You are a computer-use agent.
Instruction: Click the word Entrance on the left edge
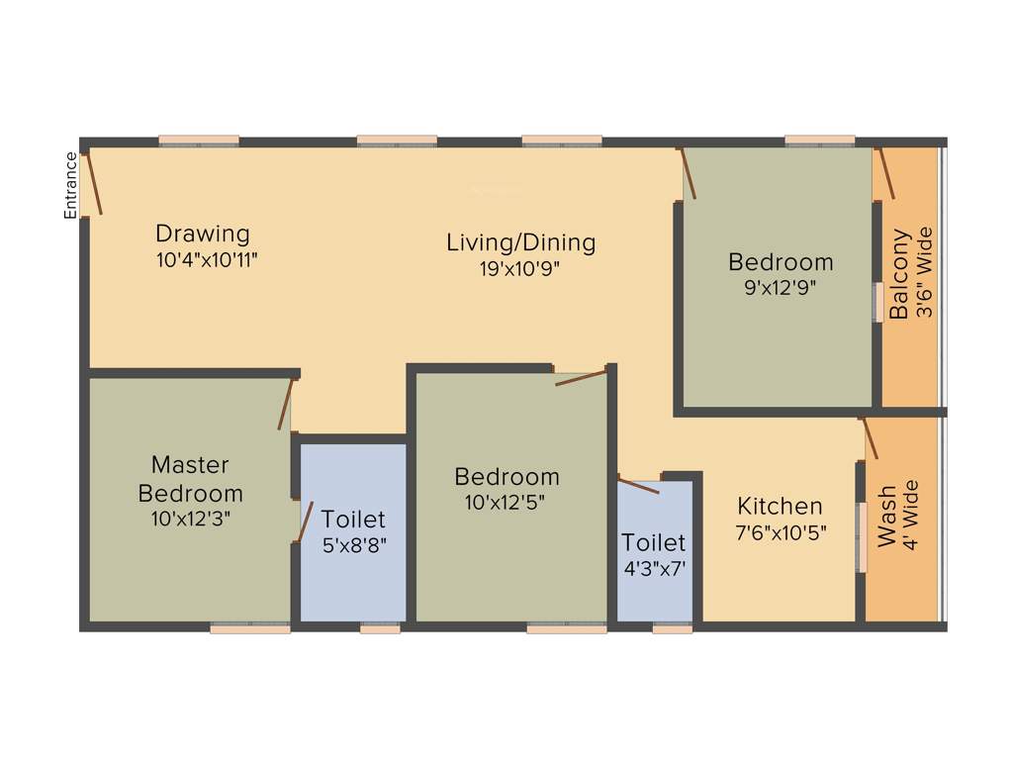coord(70,185)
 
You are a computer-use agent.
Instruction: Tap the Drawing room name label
coord(203,235)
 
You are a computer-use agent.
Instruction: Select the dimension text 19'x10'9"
coord(520,267)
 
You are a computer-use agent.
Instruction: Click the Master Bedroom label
coord(190,478)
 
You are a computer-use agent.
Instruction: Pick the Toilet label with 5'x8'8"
coord(353,520)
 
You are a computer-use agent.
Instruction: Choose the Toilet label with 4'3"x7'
coord(653,543)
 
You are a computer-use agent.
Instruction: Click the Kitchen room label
coord(780,507)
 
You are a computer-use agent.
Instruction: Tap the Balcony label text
coord(899,274)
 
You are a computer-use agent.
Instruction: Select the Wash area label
coord(887,515)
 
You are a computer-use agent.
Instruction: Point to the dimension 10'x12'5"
coord(506,501)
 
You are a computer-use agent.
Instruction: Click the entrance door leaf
coord(91,181)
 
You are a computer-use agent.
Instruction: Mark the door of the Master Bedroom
coord(286,404)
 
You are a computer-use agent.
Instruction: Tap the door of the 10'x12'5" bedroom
coord(581,378)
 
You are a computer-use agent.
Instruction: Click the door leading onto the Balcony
coord(886,174)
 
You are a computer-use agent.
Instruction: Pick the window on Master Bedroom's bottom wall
coord(249,627)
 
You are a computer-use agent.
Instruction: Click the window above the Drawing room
coord(199,141)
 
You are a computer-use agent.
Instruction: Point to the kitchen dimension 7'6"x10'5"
coord(782,531)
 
